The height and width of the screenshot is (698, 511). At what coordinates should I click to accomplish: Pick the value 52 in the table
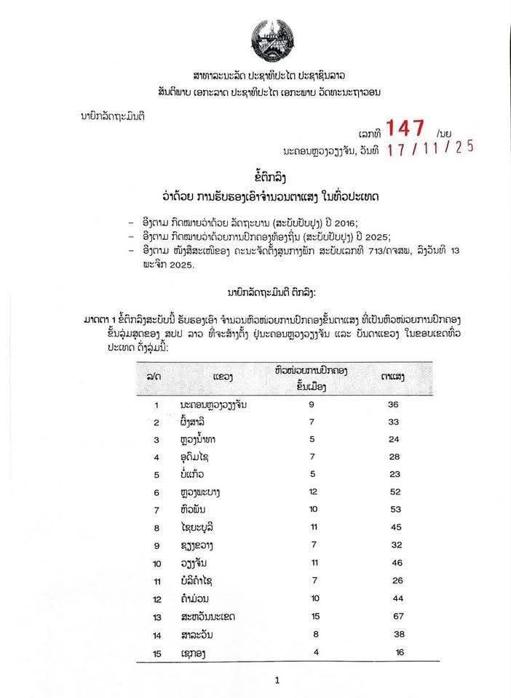tap(397, 493)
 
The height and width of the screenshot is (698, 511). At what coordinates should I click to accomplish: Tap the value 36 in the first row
tap(397, 404)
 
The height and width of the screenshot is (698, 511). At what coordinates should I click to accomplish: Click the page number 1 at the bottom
tap(277, 681)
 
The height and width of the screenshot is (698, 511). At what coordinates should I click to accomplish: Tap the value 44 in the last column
tap(397, 599)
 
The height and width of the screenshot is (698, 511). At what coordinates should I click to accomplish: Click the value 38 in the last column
tap(397, 634)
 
